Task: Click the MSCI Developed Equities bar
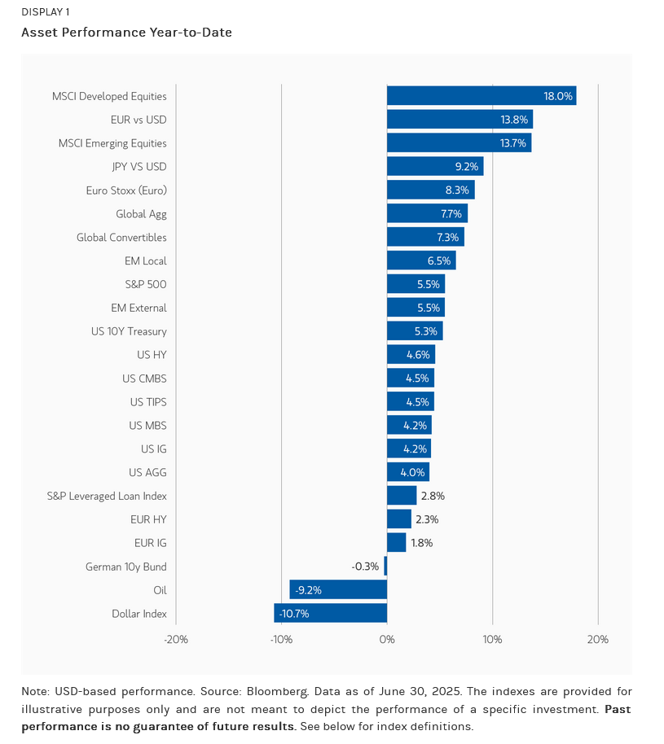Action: point(481,96)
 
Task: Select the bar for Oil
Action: point(338,589)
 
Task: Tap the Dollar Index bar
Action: point(330,613)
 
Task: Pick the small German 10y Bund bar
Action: point(385,566)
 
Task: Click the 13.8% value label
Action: point(514,120)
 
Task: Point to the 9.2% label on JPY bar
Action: point(466,167)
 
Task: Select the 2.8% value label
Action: point(432,496)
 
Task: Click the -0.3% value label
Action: point(365,566)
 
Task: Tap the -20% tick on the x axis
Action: point(176,639)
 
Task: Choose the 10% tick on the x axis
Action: point(492,639)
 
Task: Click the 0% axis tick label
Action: point(387,639)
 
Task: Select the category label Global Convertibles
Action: point(121,238)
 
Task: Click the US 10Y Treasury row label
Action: point(129,331)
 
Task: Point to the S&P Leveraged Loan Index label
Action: point(107,496)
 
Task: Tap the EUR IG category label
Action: point(150,543)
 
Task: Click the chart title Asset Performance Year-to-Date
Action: point(126,33)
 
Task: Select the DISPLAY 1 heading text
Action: point(46,11)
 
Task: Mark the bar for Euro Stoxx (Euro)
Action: point(430,190)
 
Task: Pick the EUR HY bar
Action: point(398,519)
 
